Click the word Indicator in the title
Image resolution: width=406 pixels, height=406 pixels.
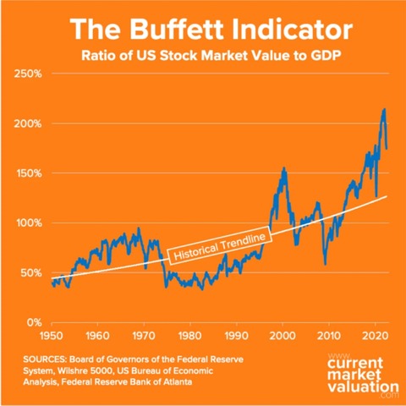click(288, 30)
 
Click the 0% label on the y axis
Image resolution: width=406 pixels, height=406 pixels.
click(33, 322)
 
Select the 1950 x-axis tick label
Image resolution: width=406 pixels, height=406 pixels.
click(52, 335)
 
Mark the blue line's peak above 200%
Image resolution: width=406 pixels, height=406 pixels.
click(384, 109)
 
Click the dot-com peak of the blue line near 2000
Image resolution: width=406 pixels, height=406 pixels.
click(283, 168)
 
